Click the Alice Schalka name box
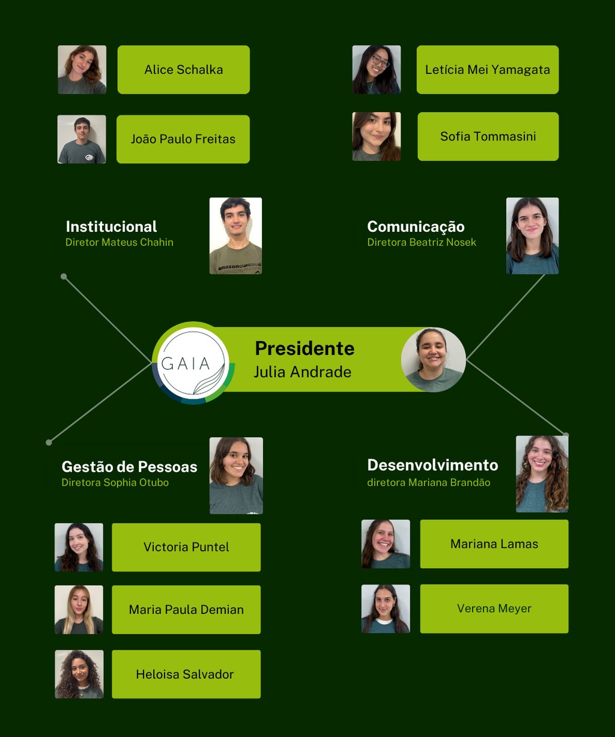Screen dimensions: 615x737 183,70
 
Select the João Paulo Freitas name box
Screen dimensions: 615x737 183,139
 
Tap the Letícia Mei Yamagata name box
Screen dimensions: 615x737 487,70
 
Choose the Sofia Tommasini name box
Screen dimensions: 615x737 488,136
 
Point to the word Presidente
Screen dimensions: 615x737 304,348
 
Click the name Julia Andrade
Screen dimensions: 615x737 302,372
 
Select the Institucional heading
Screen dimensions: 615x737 111,226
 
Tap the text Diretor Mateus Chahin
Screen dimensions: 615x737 119,243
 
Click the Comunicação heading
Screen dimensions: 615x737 416,226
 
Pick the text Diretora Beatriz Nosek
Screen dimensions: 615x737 422,243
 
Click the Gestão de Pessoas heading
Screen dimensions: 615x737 129,467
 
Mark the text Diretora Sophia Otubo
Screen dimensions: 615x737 115,483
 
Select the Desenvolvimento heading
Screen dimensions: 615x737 432,465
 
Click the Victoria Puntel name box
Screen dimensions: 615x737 186,547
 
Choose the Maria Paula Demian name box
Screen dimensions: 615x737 186,610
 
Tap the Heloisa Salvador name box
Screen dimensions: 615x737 186,674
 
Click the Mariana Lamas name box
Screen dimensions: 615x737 494,544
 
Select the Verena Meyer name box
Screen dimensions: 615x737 494,608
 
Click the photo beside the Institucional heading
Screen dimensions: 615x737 235,235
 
